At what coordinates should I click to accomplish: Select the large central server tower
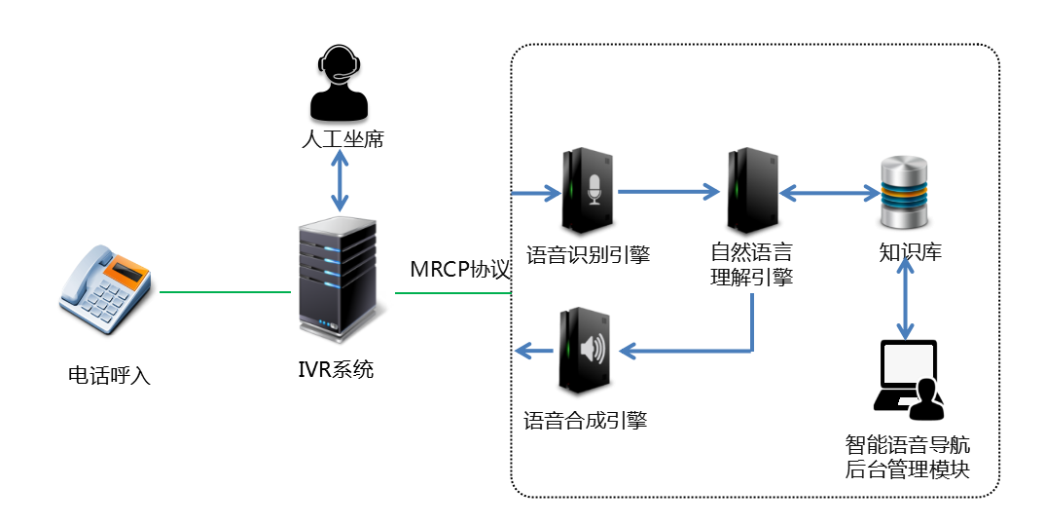[x=337, y=279]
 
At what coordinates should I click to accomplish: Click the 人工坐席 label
[x=342, y=139]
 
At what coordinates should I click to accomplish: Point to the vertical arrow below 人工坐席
[x=340, y=181]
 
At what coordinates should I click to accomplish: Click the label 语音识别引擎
[x=588, y=255]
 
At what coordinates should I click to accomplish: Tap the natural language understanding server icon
[x=752, y=190]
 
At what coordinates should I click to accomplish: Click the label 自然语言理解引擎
[x=751, y=267]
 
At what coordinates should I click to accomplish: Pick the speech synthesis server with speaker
[x=584, y=351]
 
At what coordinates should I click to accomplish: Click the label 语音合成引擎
[x=585, y=421]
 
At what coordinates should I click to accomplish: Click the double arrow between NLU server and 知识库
[x=829, y=193]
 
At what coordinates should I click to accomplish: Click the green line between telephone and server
[x=225, y=292]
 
